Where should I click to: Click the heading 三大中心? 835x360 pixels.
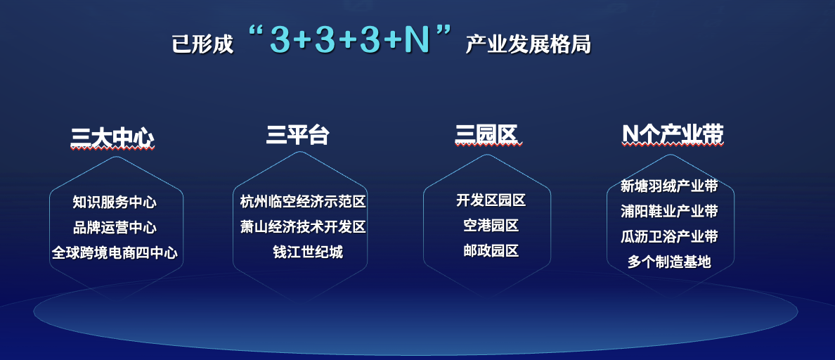(112, 138)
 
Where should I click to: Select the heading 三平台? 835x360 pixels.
(298, 135)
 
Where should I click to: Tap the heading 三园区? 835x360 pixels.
(486, 135)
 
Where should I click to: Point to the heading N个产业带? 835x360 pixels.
(673, 135)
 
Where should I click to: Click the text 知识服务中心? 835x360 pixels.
(115, 202)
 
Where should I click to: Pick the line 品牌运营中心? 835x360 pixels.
(115, 227)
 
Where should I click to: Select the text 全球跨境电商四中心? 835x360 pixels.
(115, 252)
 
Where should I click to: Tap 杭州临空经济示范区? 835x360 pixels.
(303, 202)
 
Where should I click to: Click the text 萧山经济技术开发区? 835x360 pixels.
(303, 227)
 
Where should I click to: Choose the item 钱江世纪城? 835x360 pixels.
(308, 252)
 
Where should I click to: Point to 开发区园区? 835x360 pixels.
(491, 200)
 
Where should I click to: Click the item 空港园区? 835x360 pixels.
(491, 225)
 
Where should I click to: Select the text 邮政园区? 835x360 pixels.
(491, 251)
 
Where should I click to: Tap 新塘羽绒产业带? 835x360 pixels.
(669, 186)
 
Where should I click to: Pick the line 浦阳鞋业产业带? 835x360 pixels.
(669, 212)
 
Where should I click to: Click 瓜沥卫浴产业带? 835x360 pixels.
(669, 236)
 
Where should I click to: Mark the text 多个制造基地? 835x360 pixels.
(669, 262)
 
